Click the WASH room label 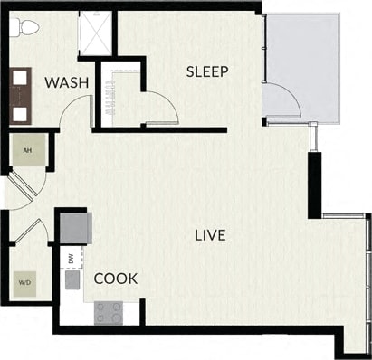tap(66, 83)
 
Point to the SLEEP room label tap(206, 71)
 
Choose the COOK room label tap(116, 279)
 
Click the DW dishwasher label tap(71, 260)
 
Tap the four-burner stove tap(110, 313)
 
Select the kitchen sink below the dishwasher tap(72, 280)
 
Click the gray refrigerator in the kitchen tap(72, 226)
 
